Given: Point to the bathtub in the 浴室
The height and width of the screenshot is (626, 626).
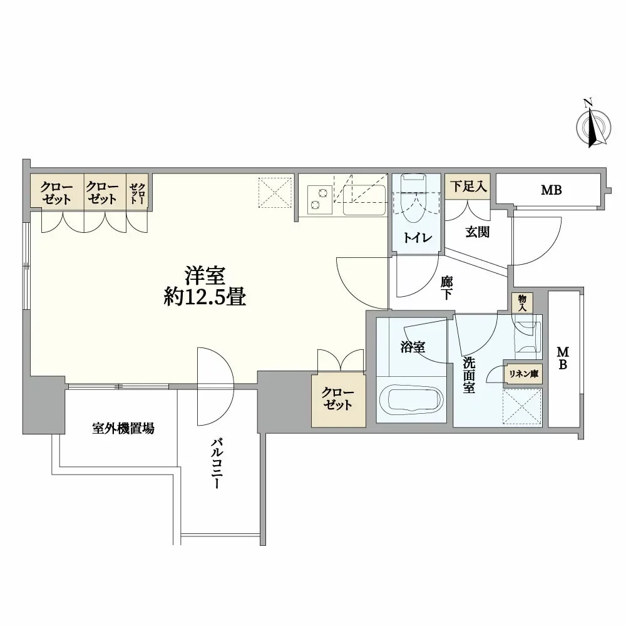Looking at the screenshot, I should (412, 400).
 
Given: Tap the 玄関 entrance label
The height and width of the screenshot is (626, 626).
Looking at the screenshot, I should (477, 232).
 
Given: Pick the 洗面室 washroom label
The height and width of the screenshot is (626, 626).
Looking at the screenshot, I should (468, 374).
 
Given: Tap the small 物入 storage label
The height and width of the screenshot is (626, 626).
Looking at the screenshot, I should (523, 304).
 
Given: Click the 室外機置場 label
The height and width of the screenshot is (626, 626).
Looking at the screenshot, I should (123, 429).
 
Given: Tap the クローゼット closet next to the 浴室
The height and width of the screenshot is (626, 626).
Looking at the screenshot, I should (338, 399).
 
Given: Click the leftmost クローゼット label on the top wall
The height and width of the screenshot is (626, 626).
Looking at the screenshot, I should (57, 193).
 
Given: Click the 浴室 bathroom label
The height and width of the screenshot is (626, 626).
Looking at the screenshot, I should (413, 346).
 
